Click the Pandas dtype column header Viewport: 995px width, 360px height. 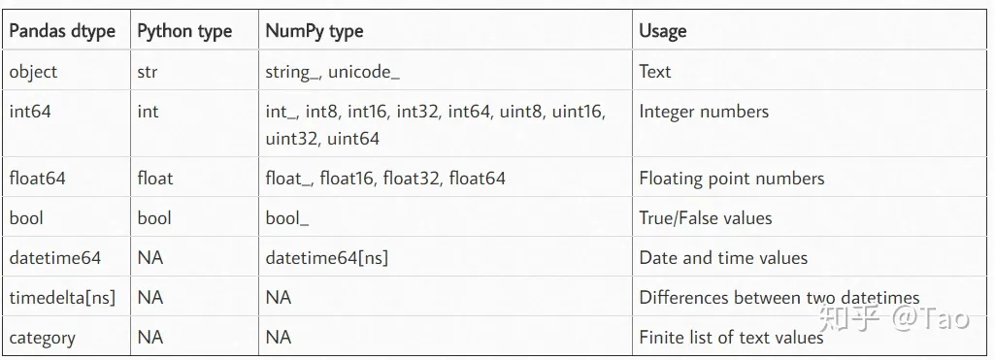62,31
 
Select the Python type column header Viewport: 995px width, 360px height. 184,31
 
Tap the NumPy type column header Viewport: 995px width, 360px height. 315,31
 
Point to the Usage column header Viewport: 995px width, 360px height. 663,31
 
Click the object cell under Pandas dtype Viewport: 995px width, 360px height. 34,72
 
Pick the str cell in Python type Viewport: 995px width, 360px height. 148,72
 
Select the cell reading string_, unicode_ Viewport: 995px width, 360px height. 332,72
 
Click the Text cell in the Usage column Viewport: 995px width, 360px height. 655,72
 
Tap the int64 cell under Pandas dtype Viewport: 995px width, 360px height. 30,112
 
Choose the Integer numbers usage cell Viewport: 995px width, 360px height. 704,112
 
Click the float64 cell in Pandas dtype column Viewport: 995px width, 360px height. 37,179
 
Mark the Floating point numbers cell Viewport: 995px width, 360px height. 732,179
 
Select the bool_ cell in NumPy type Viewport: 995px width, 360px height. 287,218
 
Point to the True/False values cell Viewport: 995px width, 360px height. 706,218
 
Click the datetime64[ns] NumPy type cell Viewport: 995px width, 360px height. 327,258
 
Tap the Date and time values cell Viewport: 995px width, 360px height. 723,258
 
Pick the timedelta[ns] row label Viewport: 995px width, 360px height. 62,298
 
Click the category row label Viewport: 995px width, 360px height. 42,338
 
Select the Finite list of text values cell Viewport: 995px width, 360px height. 731,338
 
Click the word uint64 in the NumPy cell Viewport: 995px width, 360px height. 353,139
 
